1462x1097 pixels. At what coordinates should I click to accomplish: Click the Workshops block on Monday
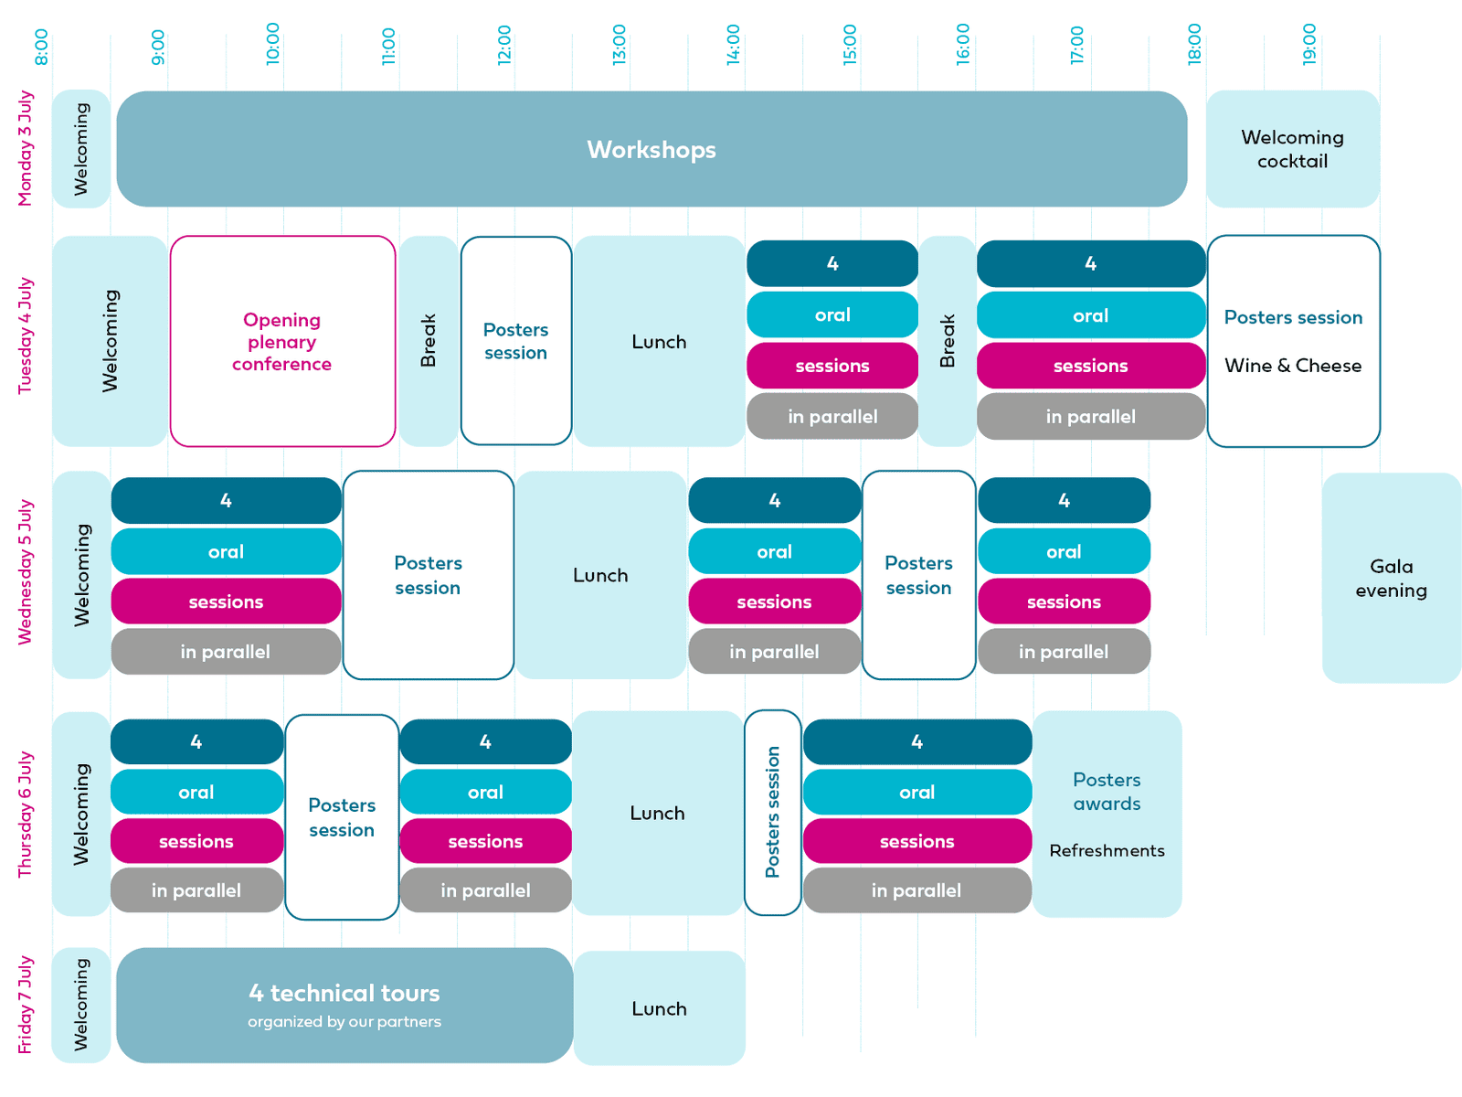tap(651, 148)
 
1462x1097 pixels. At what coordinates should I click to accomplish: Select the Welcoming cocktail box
tap(1292, 148)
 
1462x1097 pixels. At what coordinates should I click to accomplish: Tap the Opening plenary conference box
tap(282, 341)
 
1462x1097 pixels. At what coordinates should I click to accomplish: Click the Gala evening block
tap(1391, 578)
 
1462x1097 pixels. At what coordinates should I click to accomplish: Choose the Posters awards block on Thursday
tap(1107, 814)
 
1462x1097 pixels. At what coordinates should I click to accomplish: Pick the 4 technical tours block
tap(344, 1005)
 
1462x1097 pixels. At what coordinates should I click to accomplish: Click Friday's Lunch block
tap(659, 1007)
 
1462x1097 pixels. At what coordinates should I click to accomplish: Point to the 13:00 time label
tap(619, 45)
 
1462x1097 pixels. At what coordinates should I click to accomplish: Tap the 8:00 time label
tap(41, 47)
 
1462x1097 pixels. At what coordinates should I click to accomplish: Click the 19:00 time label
tap(1308, 45)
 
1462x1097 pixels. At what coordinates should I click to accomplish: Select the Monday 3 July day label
tap(25, 148)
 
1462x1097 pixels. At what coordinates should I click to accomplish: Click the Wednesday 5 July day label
tap(25, 571)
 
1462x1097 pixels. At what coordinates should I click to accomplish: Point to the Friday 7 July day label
tap(25, 1005)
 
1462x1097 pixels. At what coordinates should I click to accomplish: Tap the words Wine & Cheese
tap(1293, 365)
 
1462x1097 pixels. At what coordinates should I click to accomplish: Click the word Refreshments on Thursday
tap(1107, 850)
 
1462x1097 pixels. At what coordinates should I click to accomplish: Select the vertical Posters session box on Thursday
tap(773, 813)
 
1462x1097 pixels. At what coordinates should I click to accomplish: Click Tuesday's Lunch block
tap(659, 341)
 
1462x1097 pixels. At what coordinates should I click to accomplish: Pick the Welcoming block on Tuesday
tap(110, 341)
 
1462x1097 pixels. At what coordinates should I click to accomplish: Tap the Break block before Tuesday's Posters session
tap(429, 341)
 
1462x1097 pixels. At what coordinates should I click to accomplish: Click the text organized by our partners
tap(344, 1021)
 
